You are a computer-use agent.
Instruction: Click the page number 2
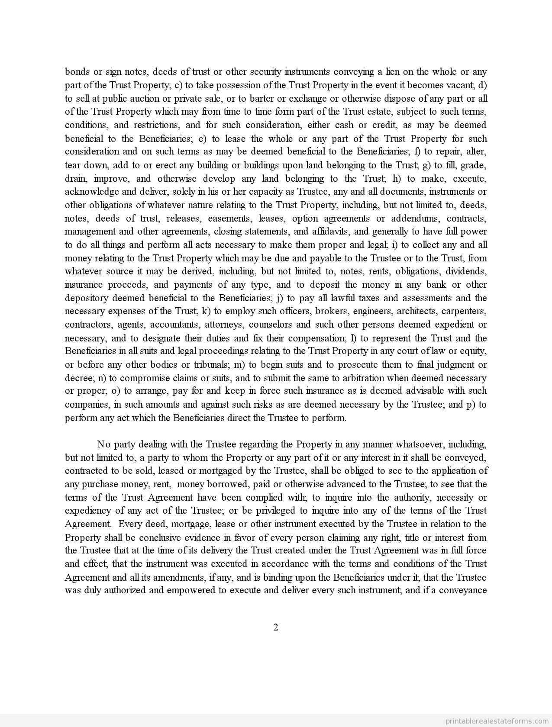click(x=276, y=627)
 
